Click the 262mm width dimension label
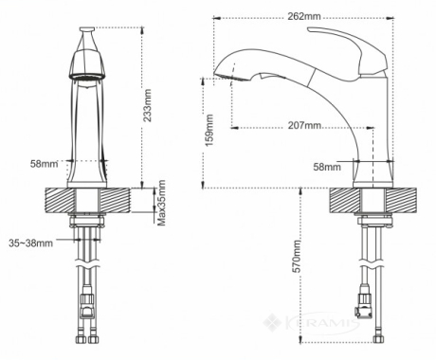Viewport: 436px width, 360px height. tap(304, 16)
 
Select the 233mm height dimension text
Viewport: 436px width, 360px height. tap(147, 105)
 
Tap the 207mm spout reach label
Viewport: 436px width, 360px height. tap(304, 125)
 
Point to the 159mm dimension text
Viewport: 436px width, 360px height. tap(209, 130)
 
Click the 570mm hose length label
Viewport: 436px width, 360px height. tap(297, 256)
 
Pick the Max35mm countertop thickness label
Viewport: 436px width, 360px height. tap(161, 203)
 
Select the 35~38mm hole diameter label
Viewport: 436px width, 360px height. tap(30, 243)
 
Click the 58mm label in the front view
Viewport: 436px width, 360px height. tap(44, 164)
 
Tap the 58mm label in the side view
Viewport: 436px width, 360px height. tap(327, 167)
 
